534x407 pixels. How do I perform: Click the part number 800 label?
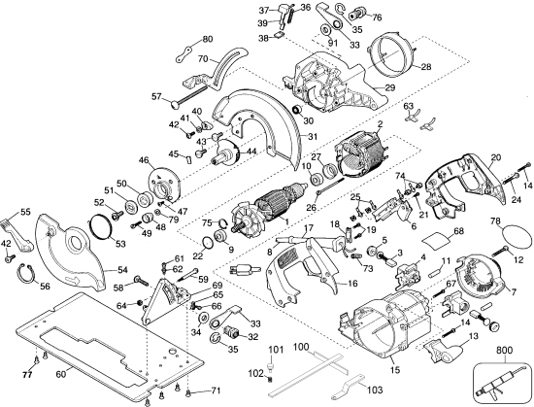tap(504, 350)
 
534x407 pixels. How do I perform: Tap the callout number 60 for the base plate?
tap(60, 374)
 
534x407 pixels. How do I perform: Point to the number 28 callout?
tap(426, 66)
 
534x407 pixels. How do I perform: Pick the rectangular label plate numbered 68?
tap(436, 241)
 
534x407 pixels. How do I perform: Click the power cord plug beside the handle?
tap(243, 269)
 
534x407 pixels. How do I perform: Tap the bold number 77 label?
tap(27, 375)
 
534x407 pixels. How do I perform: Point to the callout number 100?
tap(301, 348)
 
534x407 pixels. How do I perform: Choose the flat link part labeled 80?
tap(184, 53)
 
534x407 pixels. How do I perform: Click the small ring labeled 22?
tap(207, 242)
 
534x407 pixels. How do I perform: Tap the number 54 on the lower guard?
tap(122, 270)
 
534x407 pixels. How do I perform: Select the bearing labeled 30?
tap(298, 110)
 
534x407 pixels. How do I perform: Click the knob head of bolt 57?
tap(176, 105)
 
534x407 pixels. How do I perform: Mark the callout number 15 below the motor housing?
tap(395, 369)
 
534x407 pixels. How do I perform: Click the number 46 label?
tap(145, 159)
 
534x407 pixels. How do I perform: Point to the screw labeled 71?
tap(188, 393)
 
